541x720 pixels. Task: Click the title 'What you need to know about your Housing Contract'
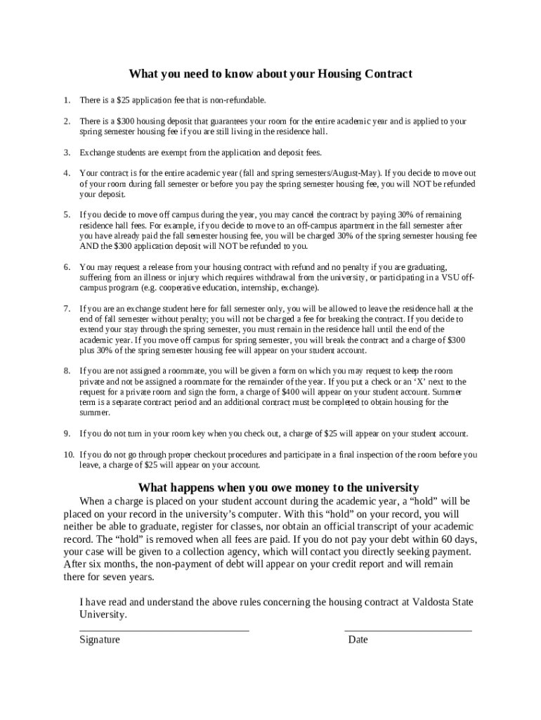270,74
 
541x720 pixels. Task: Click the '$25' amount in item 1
124,101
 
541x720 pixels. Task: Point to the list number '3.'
67,152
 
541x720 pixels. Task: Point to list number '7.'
67,308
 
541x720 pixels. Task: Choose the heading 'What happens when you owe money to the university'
278,488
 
